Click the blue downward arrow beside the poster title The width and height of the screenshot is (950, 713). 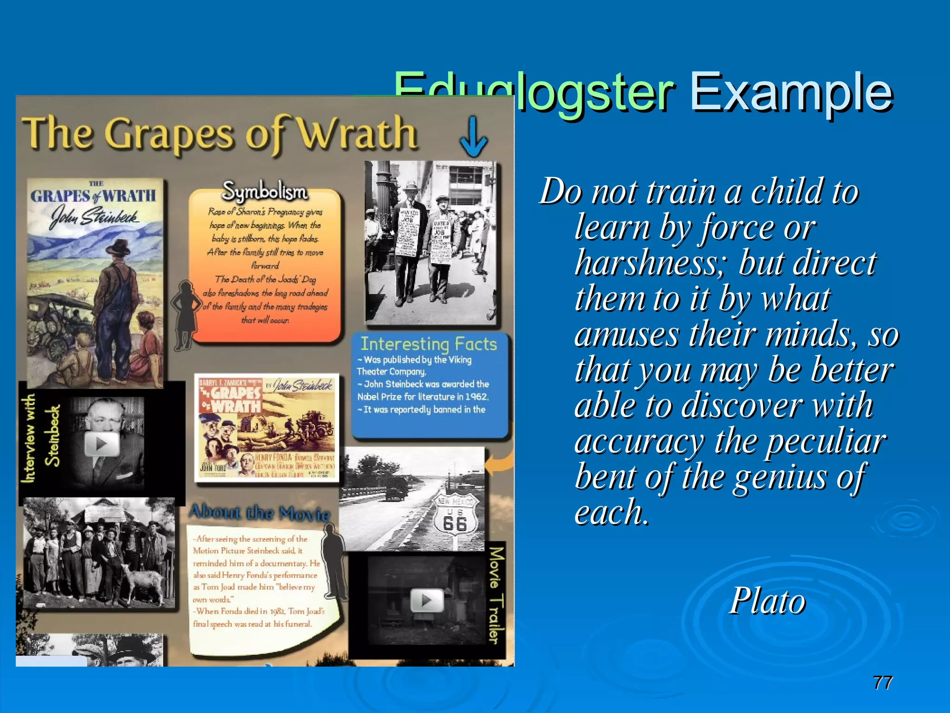point(473,137)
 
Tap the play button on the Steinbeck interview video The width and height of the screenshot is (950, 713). point(102,444)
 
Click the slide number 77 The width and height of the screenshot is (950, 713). point(882,683)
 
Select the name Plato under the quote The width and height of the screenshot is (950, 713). point(768,601)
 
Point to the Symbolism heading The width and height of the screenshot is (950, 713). point(265,191)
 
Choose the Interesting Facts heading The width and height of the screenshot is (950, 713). point(429,344)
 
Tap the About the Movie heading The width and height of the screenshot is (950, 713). point(260,513)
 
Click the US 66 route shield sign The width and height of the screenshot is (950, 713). point(455,518)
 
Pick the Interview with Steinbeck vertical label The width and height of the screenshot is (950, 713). point(41,437)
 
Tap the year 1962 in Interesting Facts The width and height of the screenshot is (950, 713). point(476,397)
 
